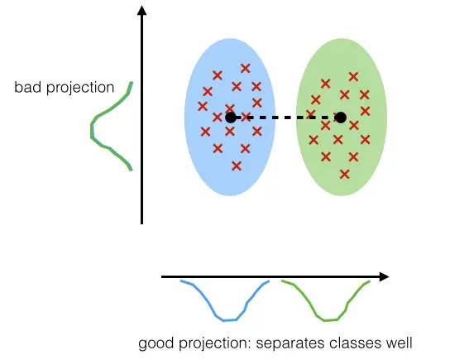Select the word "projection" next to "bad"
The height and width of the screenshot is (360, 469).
(x=80, y=89)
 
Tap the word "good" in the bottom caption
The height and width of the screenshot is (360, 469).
(x=156, y=343)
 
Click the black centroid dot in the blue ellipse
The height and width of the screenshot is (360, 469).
(x=231, y=118)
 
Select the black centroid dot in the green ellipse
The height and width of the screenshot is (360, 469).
(x=341, y=118)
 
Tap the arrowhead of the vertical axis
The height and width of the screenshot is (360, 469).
(x=141, y=10)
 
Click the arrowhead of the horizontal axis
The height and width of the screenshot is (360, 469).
(x=385, y=276)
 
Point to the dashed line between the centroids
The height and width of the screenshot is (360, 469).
(x=285, y=118)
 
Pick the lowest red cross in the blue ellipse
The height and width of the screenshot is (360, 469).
(x=237, y=166)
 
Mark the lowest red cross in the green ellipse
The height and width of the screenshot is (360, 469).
(x=345, y=174)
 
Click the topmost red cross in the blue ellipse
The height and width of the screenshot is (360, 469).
(x=246, y=69)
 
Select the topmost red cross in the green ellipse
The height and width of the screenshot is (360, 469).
(x=353, y=77)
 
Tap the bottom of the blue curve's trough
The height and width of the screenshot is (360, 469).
(x=230, y=320)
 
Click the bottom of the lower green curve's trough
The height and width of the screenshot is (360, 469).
(x=331, y=320)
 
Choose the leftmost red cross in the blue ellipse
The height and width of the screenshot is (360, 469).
(x=203, y=106)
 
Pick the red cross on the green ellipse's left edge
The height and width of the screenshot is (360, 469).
(x=311, y=114)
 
